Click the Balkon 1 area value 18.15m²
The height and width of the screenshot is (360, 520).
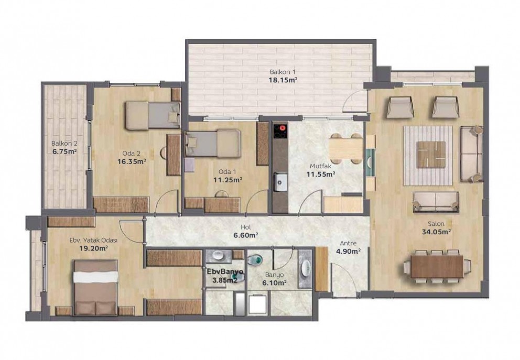tap(283, 80)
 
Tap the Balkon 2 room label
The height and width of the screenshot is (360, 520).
tap(64, 144)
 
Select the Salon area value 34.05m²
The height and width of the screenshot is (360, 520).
tap(436, 232)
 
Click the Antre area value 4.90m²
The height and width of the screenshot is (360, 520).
tap(349, 252)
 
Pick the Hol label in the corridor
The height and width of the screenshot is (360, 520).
tap(246, 227)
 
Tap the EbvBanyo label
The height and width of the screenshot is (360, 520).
tap(225, 271)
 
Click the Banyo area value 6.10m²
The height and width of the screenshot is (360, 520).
tap(274, 283)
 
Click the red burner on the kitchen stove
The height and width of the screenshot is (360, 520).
tap(283, 128)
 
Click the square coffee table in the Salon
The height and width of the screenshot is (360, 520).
tap(431, 154)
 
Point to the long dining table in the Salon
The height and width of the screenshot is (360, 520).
tap(437, 267)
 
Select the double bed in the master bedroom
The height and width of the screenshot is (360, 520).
tap(95, 287)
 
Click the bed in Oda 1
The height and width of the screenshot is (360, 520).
tap(213, 143)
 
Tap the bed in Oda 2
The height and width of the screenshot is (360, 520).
tap(153, 115)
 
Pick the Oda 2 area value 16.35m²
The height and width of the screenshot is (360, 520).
tap(132, 161)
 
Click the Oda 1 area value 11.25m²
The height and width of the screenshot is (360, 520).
tap(227, 180)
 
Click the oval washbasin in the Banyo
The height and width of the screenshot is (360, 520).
tap(306, 268)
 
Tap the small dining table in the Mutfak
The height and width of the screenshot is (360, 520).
tap(346, 148)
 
